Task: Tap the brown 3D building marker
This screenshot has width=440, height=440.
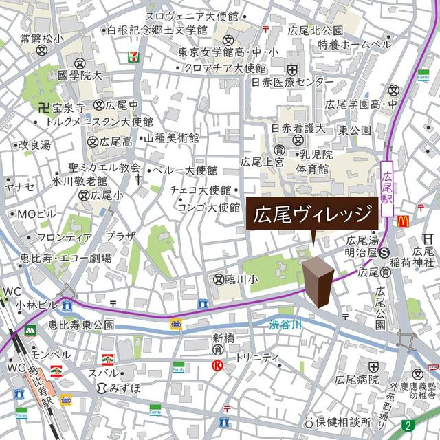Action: pyautogui.click(x=318, y=280)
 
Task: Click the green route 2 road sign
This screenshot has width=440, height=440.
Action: pyautogui.click(x=410, y=424)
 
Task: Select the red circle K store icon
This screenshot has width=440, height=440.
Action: pyautogui.click(x=218, y=366)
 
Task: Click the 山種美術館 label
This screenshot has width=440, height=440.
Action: pyautogui.click(x=169, y=138)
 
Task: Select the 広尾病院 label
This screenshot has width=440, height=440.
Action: pyautogui.click(x=356, y=379)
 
